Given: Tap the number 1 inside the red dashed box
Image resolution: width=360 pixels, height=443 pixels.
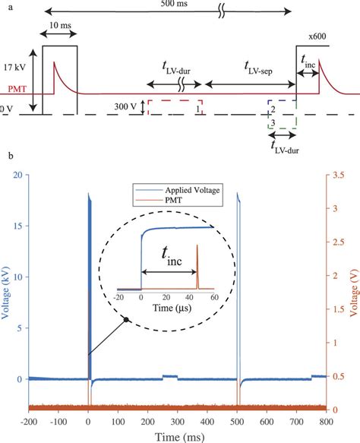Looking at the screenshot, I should (x=197, y=110).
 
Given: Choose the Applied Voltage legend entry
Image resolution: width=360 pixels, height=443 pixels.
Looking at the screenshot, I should (x=194, y=189).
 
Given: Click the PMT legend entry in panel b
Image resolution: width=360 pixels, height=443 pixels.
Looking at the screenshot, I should (x=178, y=199).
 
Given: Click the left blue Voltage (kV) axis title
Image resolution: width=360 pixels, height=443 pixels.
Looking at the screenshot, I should (x=8, y=293).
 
